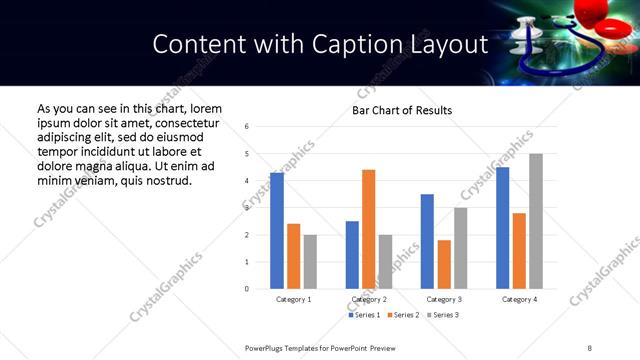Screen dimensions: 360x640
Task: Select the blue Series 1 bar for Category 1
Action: [x=277, y=231]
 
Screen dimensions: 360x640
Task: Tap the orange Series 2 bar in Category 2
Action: [x=368, y=229]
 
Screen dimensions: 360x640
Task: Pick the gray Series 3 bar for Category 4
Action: [x=536, y=221]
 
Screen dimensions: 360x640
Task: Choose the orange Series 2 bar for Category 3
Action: [x=444, y=264]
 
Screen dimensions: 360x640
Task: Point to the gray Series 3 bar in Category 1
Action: [x=310, y=262]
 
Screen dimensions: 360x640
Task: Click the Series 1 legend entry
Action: [x=364, y=315]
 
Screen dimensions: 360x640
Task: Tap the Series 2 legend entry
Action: [x=402, y=315]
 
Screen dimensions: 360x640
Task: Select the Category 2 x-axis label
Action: [x=369, y=299]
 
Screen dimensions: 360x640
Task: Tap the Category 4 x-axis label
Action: [x=519, y=299]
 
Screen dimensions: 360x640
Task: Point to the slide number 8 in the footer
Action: [x=589, y=346]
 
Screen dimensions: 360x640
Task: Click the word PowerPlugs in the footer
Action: [x=267, y=346]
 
